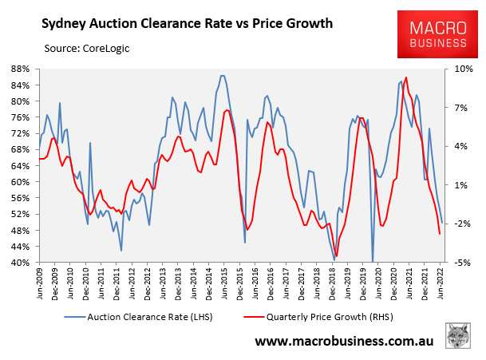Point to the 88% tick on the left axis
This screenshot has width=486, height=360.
[22, 69]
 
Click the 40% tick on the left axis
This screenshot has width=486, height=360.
[22, 263]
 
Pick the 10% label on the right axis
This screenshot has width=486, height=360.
[464, 69]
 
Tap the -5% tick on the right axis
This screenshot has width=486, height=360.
[464, 263]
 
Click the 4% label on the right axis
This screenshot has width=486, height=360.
[464, 146]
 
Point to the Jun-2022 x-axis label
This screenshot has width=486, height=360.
[442, 280]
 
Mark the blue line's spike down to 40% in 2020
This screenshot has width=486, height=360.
[373, 260]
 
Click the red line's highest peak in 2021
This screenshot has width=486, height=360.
[406, 77]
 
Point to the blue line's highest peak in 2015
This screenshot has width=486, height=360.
[223, 76]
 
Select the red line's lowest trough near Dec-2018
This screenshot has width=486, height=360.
[337, 255]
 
